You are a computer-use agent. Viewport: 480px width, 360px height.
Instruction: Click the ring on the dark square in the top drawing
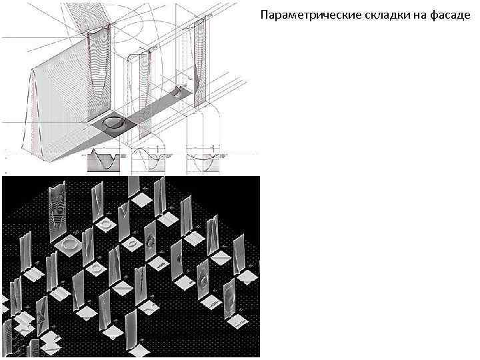tap(115, 122)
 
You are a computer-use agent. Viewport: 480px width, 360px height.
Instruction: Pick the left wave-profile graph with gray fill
tap(103, 161)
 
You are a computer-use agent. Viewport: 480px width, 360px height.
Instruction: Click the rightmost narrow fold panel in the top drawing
tap(198, 60)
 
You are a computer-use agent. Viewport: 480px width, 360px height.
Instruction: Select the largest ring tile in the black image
tap(71, 245)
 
